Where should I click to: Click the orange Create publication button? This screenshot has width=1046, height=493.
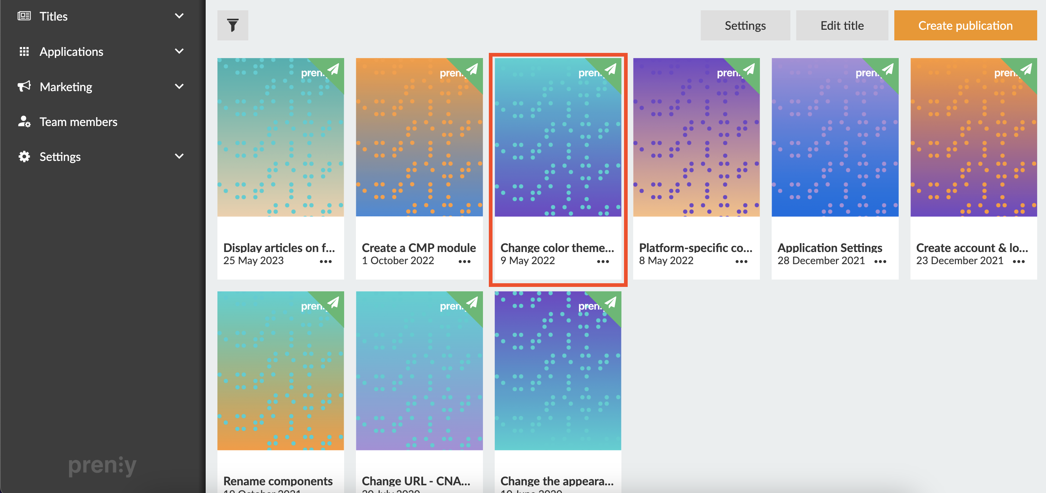(965, 26)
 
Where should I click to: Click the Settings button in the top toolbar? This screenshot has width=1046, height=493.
(745, 26)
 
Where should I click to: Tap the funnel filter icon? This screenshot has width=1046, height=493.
(233, 26)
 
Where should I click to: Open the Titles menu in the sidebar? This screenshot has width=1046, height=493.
(54, 16)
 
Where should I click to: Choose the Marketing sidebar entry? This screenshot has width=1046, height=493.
(66, 87)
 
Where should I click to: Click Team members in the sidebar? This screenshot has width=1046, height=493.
(78, 122)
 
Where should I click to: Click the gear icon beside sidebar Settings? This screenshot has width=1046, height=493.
(24, 157)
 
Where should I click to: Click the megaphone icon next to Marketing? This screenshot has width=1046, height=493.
(24, 86)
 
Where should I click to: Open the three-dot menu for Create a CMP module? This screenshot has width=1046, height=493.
(464, 262)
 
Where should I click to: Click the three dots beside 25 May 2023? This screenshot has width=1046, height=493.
(326, 262)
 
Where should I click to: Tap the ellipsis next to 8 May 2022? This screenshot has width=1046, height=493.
(741, 262)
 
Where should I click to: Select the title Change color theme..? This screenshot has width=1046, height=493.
(557, 248)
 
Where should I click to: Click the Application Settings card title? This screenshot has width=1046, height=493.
(830, 248)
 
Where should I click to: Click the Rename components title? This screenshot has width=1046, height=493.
(278, 481)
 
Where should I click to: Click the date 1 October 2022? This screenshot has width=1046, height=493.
(398, 261)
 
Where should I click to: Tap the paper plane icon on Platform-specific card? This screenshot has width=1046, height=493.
(749, 69)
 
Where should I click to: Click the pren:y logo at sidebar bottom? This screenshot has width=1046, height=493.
(102, 465)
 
